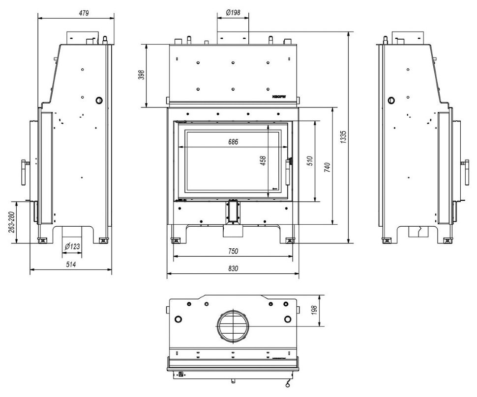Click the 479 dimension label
click(x=84, y=14)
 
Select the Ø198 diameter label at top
click(x=233, y=13)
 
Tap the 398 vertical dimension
click(x=142, y=75)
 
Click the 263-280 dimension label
click(x=11, y=223)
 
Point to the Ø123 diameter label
click(x=72, y=246)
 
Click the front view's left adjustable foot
click(x=175, y=240)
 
